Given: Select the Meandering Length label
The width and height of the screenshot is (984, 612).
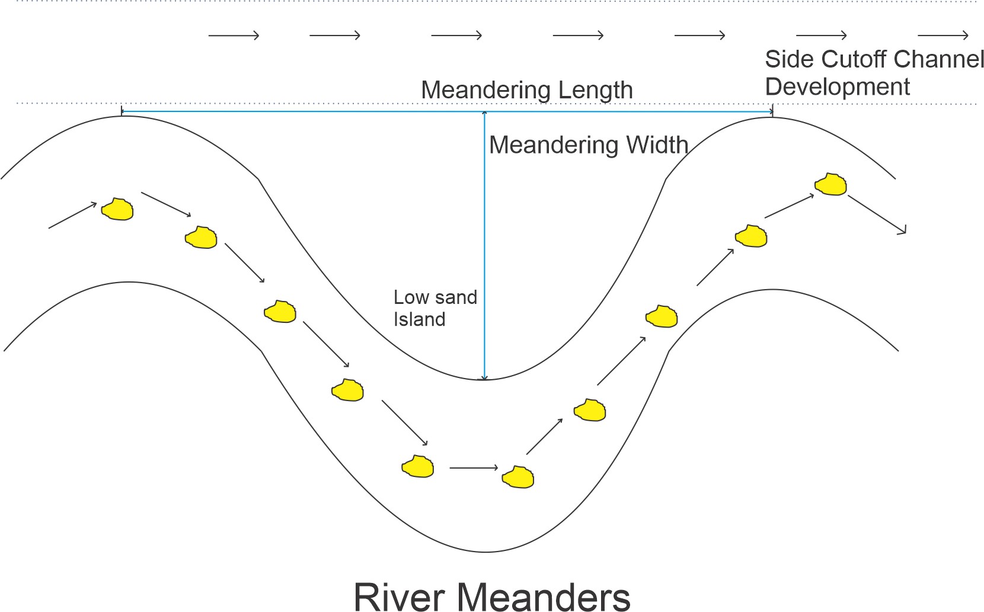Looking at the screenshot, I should pyautogui.click(x=526, y=90).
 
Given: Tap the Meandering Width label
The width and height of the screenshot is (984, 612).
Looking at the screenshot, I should pyautogui.click(x=588, y=145).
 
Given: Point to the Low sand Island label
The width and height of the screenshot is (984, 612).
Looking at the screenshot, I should pyautogui.click(x=435, y=308).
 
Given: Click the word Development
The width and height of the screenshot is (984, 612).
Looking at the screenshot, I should pyautogui.click(x=837, y=87).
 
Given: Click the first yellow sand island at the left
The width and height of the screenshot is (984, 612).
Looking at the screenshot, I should pyautogui.click(x=117, y=209).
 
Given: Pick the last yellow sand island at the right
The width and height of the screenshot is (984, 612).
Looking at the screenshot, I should pyautogui.click(x=830, y=184).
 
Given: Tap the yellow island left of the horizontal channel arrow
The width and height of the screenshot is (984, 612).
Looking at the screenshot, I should pyautogui.click(x=418, y=466).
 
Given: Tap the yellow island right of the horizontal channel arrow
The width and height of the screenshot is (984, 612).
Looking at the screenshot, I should pyautogui.click(x=518, y=477).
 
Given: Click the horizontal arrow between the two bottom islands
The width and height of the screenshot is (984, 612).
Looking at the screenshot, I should pyautogui.click(x=474, y=468).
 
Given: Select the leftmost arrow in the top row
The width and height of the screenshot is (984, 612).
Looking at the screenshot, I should pyautogui.click(x=234, y=36).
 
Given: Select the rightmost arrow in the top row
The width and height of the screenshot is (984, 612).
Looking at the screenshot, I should pyautogui.click(x=943, y=36).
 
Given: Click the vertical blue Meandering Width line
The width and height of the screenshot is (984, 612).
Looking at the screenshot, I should pyautogui.click(x=484, y=249).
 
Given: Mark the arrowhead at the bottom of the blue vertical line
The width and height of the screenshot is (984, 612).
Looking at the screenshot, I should pyautogui.click(x=484, y=377).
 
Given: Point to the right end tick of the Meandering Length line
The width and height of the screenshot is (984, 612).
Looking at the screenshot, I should pyautogui.click(x=772, y=111).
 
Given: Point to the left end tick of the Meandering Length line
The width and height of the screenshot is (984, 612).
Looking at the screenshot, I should pyautogui.click(x=122, y=111).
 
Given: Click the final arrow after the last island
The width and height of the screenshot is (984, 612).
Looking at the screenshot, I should pyautogui.click(x=877, y=214).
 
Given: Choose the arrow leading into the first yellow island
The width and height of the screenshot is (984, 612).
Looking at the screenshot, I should pyautogui.click(x=72, y=216).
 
